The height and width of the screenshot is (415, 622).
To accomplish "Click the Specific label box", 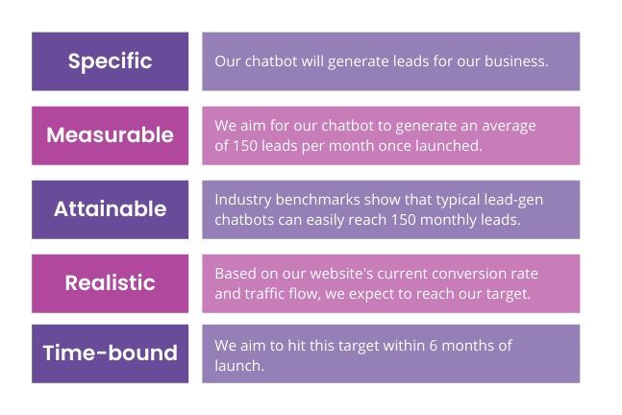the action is tap(110, 61).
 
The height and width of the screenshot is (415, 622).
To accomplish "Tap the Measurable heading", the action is tap(110, 135).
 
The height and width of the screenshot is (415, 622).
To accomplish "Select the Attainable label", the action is tap(110, 209).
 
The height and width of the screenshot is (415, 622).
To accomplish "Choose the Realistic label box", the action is tap(110, 283).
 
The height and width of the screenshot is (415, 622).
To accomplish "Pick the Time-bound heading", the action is tap(110, 354).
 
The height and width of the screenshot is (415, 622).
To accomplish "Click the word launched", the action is tap(449, 146).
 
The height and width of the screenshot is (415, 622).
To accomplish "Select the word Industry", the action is tap(243, 200).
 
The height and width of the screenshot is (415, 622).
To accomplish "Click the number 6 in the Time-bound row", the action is tap(434, 346).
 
